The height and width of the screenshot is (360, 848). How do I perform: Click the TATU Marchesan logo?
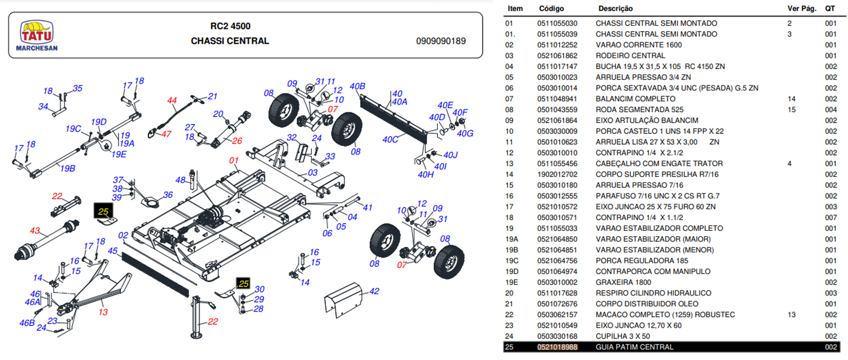tap(36, 36)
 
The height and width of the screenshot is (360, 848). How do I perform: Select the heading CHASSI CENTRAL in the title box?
tap(230, 41)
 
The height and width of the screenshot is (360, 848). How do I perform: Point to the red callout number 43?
tap(35, 230)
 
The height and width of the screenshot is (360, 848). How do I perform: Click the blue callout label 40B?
tap(357, 86)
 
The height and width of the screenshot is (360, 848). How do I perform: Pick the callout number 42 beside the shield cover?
tap(374, 291)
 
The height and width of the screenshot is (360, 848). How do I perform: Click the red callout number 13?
tap(103, 312)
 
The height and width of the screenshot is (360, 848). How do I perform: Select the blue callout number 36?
tap(167, 194)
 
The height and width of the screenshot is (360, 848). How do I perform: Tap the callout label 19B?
tap(68, 169)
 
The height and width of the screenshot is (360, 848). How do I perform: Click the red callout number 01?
tap(233, 160)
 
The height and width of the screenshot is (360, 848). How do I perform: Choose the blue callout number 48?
tap(181, 180)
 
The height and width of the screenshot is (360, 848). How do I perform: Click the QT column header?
tap(829, 9)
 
